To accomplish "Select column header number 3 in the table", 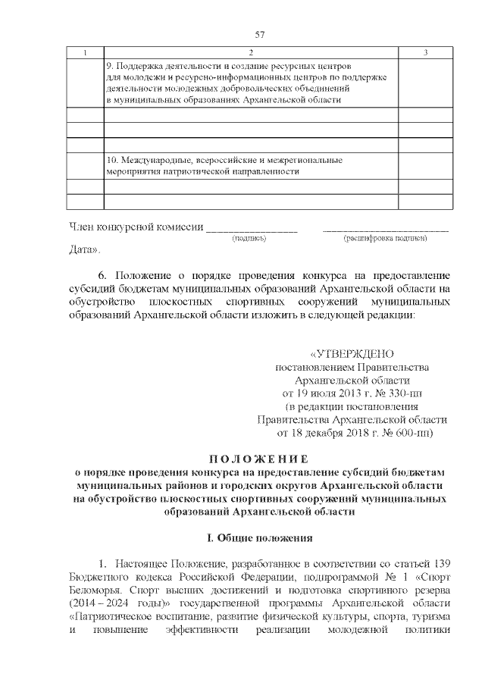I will point(426,52).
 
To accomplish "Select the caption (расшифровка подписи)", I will point(386,239).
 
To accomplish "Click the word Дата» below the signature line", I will point(84,249).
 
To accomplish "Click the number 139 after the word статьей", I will point(442,563).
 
